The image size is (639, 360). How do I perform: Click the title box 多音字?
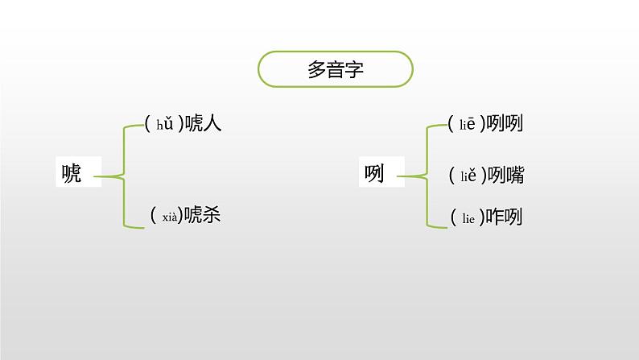pyautogui.click(x=336, y=69)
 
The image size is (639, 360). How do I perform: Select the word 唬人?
pyautogui.click(x=202, y=123)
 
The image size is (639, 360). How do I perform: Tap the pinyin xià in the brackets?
pyautogui.click(x=169, y=215)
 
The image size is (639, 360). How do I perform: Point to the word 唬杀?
pyautogui.click(x=202, y=215)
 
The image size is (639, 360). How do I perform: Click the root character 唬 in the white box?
pyautogui.click(x=72, y=172)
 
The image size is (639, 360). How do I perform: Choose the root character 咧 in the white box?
pyautogui.click(x=374, y=172)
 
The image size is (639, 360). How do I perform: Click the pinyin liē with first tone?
pyautogui.click(x=468, y=125)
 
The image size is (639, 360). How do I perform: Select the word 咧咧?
pyautogui.click(x=505, y=125)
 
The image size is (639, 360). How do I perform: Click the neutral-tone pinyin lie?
pyautogui.click(x=468, y=217)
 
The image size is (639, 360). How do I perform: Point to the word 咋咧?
pyautogui.click(x=505, y=217)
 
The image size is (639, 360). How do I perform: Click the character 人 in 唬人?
pyautogui.click(x=212, y=123)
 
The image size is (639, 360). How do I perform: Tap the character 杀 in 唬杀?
pyautogui.click(x=212, y=215)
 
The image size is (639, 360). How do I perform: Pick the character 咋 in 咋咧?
pyautogui.click(x=496, y=217)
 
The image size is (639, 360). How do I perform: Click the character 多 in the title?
pyautogui.click(x=316, y=69)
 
